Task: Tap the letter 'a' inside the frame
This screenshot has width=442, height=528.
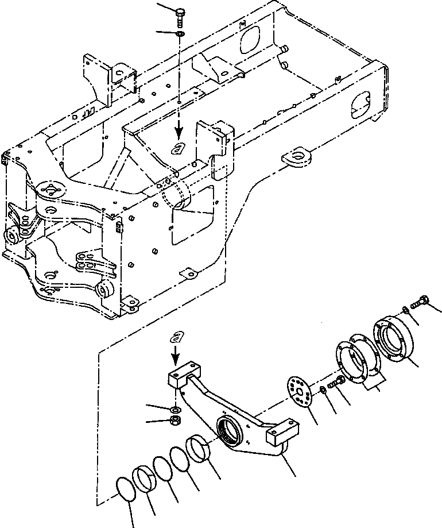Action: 179,148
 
